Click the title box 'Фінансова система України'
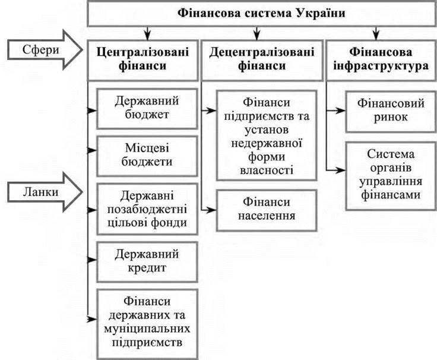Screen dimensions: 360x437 coord(261,13)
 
